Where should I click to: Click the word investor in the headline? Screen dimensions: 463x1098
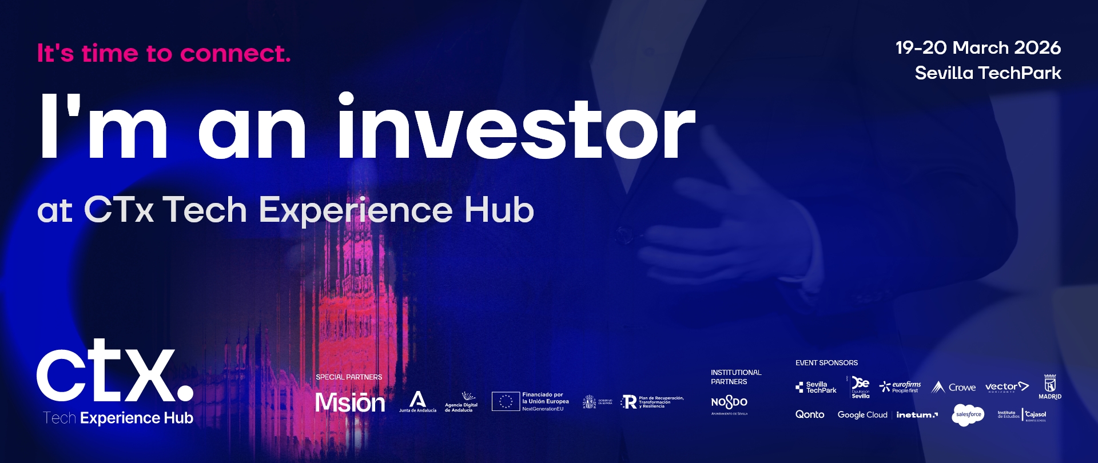point(516,129)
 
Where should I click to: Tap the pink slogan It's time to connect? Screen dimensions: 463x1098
point(164,54)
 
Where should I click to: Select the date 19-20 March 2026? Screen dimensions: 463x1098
point(978,47)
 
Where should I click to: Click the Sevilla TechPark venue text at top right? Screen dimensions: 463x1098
point(988,73)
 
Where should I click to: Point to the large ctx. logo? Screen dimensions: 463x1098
point(115,372)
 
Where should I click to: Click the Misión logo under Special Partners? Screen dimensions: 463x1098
point(350,402)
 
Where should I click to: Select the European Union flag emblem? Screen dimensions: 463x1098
point(506,401)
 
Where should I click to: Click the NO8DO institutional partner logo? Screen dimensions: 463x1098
point(729,402)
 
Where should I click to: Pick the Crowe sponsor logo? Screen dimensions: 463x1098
point(953,388)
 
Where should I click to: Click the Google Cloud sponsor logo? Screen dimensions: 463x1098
point(862,415)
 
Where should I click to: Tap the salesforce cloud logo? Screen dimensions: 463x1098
point(968,414)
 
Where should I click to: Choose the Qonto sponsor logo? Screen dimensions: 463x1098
point(810,414)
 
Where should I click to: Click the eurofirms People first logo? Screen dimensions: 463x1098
point(900,387)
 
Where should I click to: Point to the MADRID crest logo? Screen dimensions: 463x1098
point(1050,387)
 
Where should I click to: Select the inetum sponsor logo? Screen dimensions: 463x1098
point(917,415)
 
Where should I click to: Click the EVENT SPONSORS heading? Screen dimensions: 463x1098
point(826,363)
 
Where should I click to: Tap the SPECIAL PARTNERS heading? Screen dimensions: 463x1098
point(349,377)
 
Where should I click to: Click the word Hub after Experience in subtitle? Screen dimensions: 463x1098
point(499,210)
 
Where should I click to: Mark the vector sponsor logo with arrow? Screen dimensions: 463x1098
point(1006,387)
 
